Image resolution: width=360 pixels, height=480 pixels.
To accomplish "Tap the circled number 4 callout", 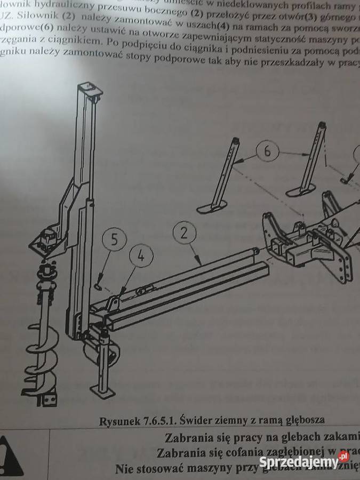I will tap(140, 255).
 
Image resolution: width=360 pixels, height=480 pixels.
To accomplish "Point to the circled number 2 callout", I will tap(185, 233).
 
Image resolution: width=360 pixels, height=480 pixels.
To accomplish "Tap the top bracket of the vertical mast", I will tap(90, 93).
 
